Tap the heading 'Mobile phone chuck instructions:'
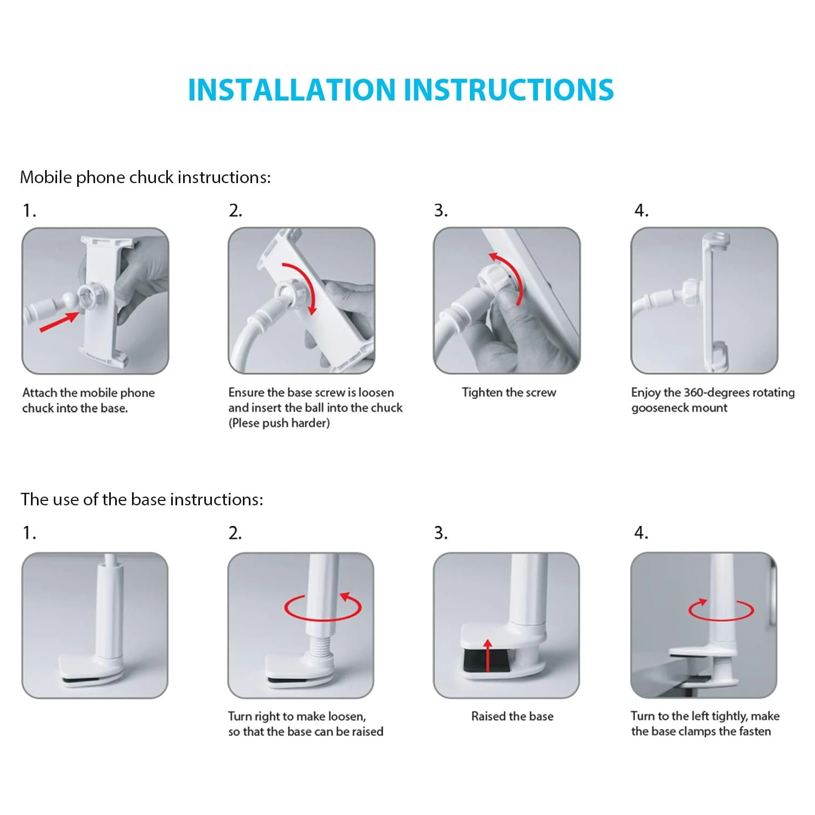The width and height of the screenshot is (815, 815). tap(145, 178)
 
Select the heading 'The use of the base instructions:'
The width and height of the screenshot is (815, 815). tap(142, 499)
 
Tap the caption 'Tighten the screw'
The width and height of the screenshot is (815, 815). tap(509, 392)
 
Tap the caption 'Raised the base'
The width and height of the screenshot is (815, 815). tap(512, 716)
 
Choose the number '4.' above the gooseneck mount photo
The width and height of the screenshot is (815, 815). tap(642, 210)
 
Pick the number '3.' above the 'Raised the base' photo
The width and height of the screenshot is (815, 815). tap(441, 533)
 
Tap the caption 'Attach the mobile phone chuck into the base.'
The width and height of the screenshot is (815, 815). tap(89, 400)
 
